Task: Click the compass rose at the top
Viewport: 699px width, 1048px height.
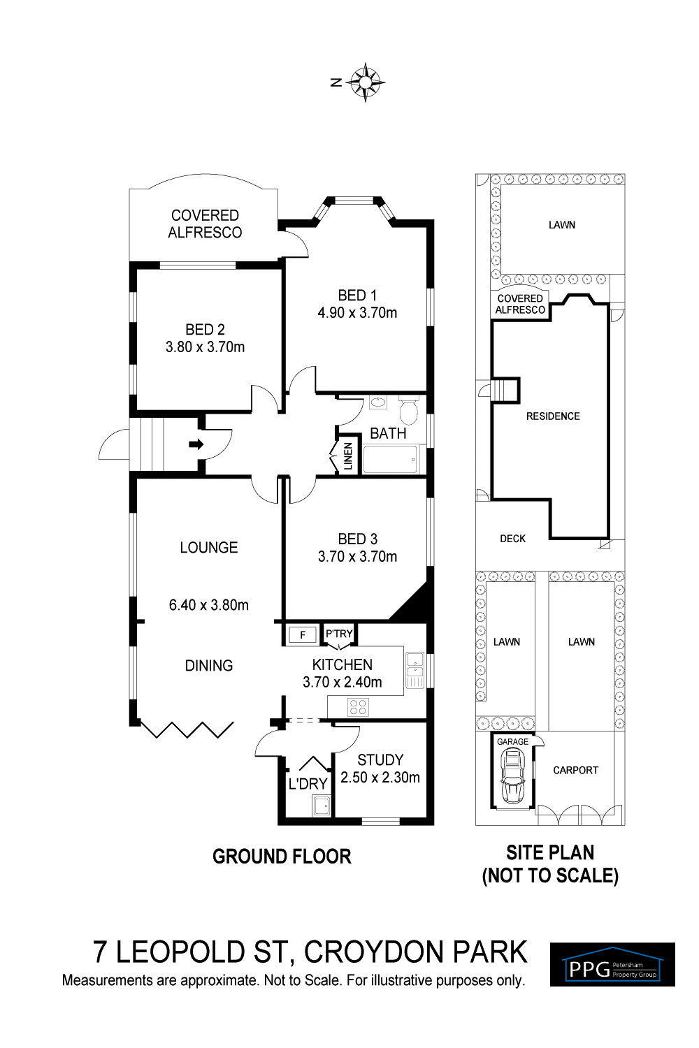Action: (x=365, y=82)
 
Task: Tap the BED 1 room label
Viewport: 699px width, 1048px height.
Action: (x=357, y=296)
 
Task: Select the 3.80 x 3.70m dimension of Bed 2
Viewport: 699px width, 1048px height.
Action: (x=205, y=347)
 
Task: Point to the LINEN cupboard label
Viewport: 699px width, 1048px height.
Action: (x=348, y=456)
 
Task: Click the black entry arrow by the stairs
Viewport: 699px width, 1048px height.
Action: (x=196, y=444)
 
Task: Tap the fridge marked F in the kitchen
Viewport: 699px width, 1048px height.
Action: (x=303, y=635)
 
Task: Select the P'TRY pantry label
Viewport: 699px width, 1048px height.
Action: (x=340, y=634)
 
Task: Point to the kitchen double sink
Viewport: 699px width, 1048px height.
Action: (x=415, y=671)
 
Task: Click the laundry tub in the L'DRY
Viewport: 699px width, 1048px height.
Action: (x=322, y=806)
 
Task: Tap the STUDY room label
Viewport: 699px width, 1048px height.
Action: (x=380, y=759)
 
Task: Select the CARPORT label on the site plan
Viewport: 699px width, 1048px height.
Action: (x=575, y=770)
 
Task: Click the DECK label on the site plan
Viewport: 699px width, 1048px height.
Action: (x=512, y=539)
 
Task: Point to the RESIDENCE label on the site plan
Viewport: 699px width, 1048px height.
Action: (x=553, y=416)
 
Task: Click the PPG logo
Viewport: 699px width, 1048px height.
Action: (x=612, y=964)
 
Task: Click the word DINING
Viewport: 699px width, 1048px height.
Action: (x=209, y=665)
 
